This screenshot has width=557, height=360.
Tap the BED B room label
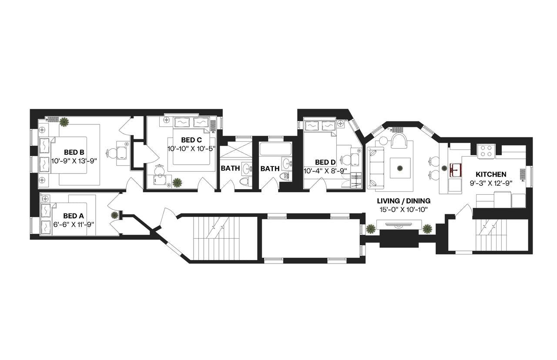[x=74, y=152]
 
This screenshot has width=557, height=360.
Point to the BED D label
[x=325, y=162]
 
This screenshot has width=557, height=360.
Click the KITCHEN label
[x=491, y=174]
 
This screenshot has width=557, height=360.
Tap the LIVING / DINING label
[x=404, y=201]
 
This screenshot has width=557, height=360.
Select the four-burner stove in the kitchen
[x=486, y=150]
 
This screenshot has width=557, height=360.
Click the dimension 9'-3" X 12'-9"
[x=491, y=183]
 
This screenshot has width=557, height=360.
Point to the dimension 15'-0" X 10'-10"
[x=404, y=210]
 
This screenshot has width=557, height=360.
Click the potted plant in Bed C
[x=177, y=183]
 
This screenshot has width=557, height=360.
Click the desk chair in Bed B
[x=112, y=153]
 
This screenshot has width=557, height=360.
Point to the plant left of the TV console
[x=371, y=228]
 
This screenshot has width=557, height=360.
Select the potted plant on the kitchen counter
[x=444, y=168]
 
